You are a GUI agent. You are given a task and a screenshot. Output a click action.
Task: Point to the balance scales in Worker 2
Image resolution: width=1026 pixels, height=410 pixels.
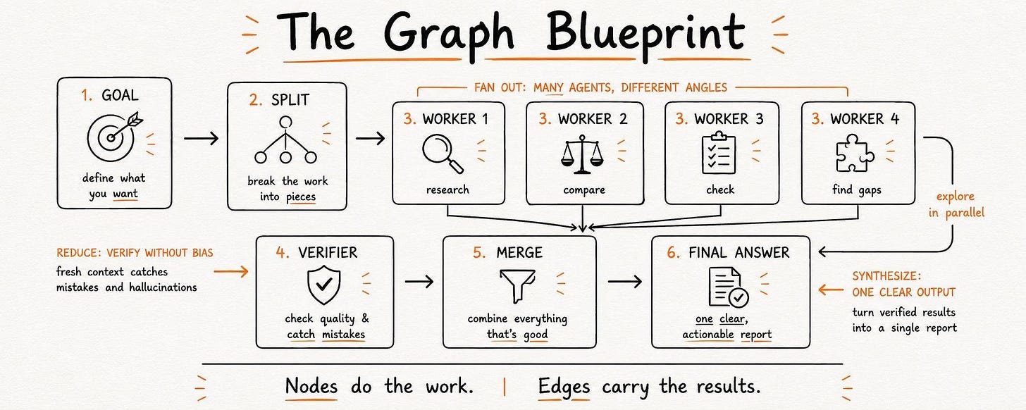[x=582, y=154]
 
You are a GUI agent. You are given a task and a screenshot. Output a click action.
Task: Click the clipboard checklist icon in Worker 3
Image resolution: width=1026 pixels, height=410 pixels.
[x=719, y=153]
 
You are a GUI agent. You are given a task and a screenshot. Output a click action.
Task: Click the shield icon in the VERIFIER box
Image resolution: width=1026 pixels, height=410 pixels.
[x=324, y=285]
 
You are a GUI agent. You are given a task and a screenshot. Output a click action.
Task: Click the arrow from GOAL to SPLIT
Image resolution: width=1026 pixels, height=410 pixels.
[x=201, y=138]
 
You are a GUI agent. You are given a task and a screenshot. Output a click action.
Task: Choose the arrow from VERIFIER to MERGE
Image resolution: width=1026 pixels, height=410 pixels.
[x=419, y=281]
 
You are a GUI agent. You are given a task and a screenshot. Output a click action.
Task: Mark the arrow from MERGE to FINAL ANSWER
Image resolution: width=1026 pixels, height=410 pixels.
[x=625, y=281]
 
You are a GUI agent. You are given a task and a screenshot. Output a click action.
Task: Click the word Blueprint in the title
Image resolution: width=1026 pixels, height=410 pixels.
[x=645, y=33]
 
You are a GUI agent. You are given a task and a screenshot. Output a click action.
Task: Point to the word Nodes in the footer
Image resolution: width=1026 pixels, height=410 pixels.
[x=311, y=386]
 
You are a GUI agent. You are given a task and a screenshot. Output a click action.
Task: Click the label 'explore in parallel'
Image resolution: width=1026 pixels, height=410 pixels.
[x=956, y=205]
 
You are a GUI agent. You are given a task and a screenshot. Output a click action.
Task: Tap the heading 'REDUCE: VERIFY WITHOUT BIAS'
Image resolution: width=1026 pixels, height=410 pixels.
[x=135, y=253]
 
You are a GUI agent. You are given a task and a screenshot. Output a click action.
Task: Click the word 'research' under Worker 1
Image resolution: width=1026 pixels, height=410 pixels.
[x=447, y=190]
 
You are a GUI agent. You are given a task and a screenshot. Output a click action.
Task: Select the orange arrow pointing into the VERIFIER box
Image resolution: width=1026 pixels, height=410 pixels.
[x=231, y=272]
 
